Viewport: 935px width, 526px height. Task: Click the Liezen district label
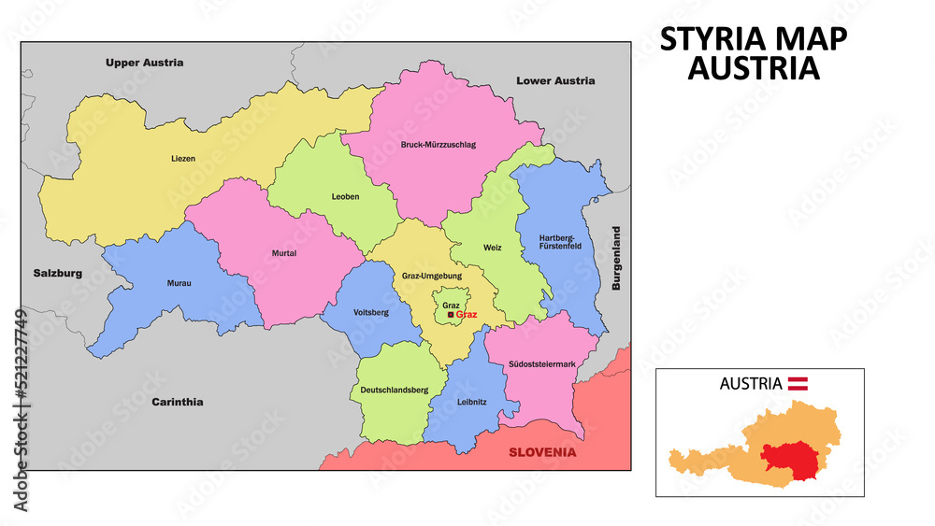click(x=183, y=159)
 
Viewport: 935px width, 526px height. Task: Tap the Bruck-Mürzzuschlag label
click(x=438, y=145)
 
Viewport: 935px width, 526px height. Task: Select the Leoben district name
click(x=345, y=196)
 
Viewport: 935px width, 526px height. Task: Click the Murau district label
click(x=179, y=282)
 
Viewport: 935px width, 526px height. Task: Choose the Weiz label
click(x=493, y=248)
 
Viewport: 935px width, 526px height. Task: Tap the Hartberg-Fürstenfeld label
click(x=560, y=243)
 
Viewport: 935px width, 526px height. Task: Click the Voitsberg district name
click(x=371, y=312)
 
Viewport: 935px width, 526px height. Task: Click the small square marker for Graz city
click(x=451, y=316)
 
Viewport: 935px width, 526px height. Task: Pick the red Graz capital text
click(x=467, y=316)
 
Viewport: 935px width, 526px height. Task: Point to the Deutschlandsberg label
click(x=394, y=389)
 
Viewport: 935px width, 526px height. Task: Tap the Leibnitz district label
click(x=472, y=402)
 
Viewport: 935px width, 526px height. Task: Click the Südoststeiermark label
click(x=542, y=363)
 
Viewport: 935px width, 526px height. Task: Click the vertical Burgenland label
click(x=616, y=258)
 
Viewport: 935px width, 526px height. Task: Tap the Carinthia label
click(x=177, y=402)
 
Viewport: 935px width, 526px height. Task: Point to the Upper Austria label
click(x=144, y=63)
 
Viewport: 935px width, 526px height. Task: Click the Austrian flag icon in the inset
click(x=798, y=382)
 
